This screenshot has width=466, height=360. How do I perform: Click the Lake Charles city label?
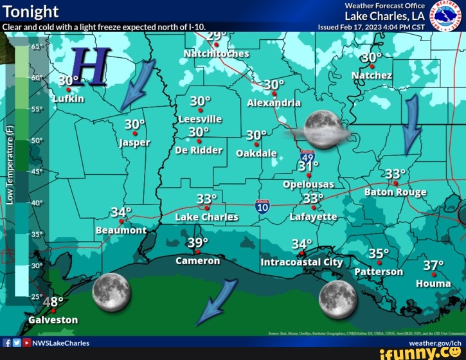point(206,217)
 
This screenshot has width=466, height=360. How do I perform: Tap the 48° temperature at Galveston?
point(53,303)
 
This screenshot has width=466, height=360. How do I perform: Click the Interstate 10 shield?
point(262,206)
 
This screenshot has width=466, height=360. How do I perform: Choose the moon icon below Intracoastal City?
point(338,298)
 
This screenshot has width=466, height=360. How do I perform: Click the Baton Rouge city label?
point(395,192)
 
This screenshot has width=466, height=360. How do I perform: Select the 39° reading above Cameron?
point(198,243)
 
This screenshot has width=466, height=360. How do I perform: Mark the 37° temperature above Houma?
point(433,266)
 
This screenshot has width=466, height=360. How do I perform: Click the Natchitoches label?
point(217,53)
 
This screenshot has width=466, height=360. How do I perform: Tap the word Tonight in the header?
point(31,12)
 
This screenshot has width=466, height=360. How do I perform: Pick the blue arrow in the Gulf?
point(217,303)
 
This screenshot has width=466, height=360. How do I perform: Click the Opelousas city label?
point(309,184)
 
